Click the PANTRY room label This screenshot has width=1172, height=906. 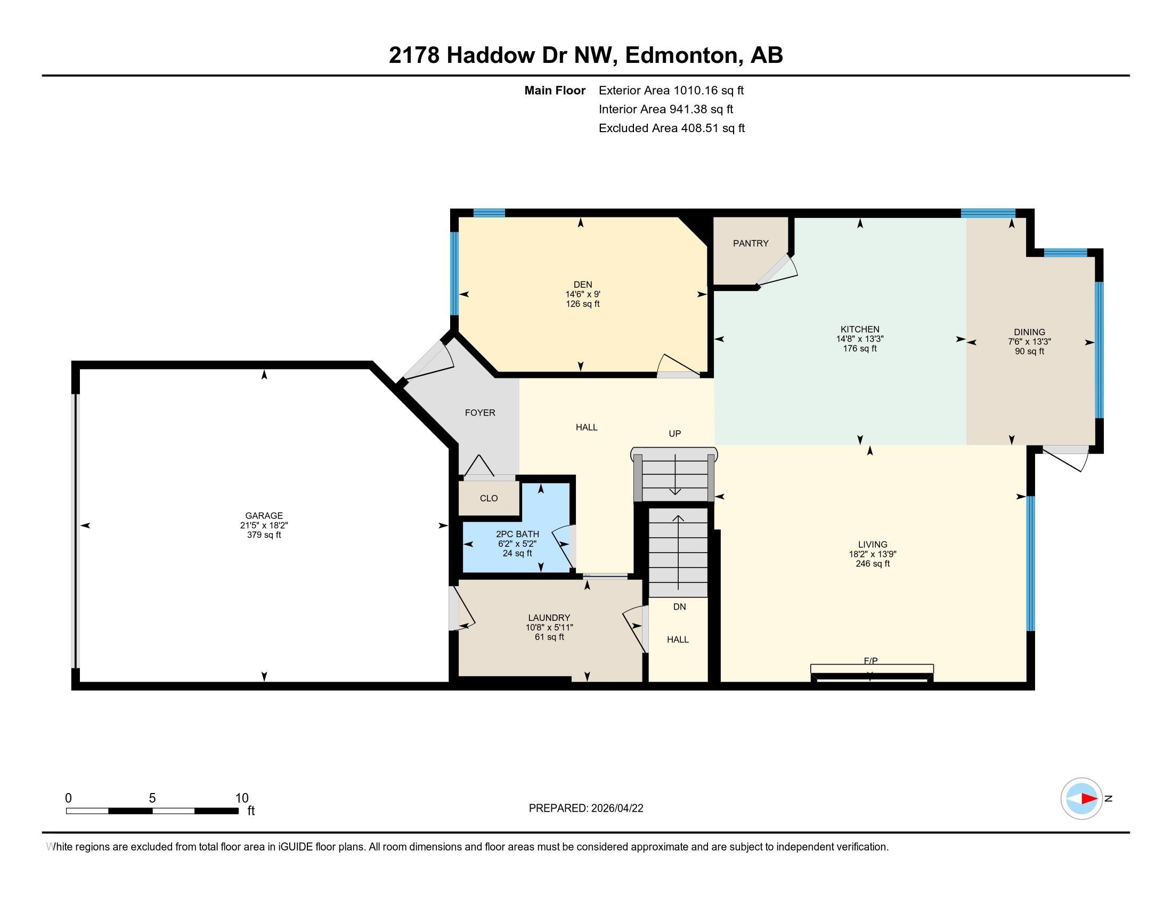[x=750, y=243]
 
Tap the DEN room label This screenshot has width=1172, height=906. [x=582, y=285]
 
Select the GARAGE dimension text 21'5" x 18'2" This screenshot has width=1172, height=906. [x=264, y=525]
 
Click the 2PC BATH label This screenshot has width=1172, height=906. [x=517, y=534]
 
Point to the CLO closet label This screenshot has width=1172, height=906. [x=489, y=498]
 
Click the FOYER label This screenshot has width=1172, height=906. [x=480, y=412]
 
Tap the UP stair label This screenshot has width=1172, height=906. [x=674, y=434]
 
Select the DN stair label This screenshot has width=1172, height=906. [x=679, y=606]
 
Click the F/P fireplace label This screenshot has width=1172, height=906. [x=870, y=661]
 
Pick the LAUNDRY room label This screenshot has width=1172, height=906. [x=548, y=618]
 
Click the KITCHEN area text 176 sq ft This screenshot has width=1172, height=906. [x=860, y=349]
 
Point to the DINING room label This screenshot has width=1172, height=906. [x=1029, y=332]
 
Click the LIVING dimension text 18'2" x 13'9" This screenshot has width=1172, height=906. [x=873, y=554]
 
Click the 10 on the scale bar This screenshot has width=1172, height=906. [x=242, y=798]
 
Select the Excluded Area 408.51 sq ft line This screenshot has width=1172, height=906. [x=671, y=128]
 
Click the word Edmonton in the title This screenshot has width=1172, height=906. [x=680, y=55]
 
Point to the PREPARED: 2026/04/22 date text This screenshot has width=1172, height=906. [x=585, y=808]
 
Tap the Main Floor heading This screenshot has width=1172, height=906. [x=555, y=91]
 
